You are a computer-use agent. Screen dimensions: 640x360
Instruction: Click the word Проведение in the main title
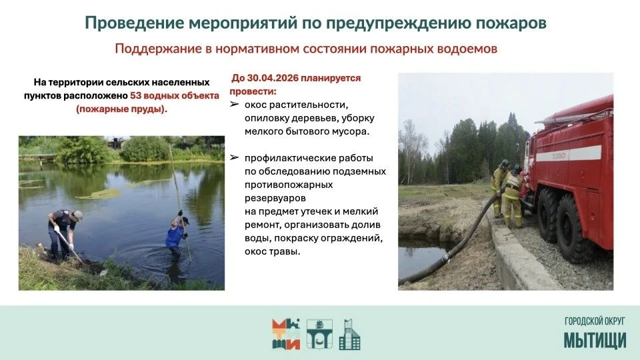[134, 23]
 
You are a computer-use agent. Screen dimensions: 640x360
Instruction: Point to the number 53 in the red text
[135, 95]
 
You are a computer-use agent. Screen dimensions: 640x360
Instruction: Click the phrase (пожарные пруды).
[121, 109]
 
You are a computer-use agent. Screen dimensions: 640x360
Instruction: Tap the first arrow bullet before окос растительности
[234, 105]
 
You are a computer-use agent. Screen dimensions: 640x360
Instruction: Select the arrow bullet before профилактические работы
[234, 157]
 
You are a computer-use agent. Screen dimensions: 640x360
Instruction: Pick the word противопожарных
[289, 185]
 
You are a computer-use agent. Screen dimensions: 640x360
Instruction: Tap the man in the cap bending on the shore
[64, 232]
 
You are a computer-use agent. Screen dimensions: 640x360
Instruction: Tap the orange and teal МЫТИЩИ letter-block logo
[286, 334]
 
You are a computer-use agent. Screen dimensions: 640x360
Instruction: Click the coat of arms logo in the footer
[319, 334]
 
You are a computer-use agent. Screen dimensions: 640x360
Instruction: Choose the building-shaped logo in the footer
[350, 334]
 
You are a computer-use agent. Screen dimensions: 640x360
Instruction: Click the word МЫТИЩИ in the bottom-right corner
[595, 341]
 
